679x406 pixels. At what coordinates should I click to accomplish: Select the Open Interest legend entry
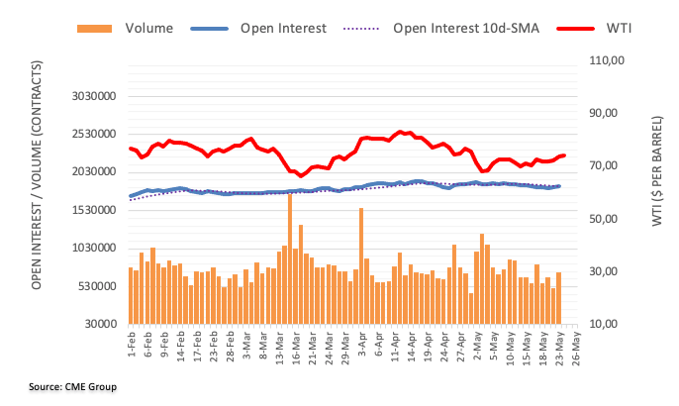(x=282, y=28)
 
